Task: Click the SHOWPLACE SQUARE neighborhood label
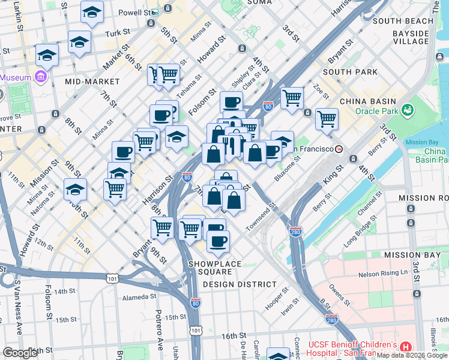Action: tap(214, 268)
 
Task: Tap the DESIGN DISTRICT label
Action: tap(240, 284)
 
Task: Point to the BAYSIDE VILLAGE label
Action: tap(411, 37)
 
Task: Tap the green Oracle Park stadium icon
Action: tap(409, 110)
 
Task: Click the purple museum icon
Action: tap(41, 77)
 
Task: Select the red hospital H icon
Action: tap(406, 347)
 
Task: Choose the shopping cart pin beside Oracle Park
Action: tap(327, 118)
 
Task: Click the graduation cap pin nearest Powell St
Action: tap(92, 12)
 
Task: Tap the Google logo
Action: tap(20, 353)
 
